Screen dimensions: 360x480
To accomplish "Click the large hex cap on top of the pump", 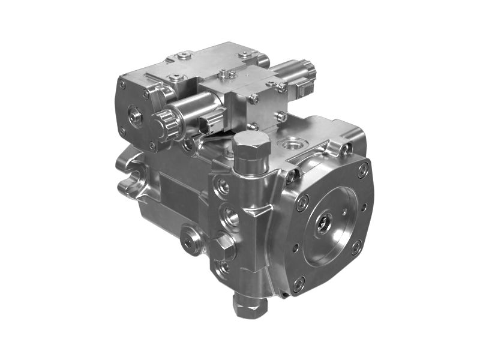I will (x=250, y=143).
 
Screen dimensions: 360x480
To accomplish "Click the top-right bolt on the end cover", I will (x=362, y=170).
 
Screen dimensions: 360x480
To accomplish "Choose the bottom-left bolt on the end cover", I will (x=299, y=282).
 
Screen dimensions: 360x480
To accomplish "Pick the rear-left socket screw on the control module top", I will (x=184, y=58).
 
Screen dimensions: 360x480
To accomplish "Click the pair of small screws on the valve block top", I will (x=226, y=74).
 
